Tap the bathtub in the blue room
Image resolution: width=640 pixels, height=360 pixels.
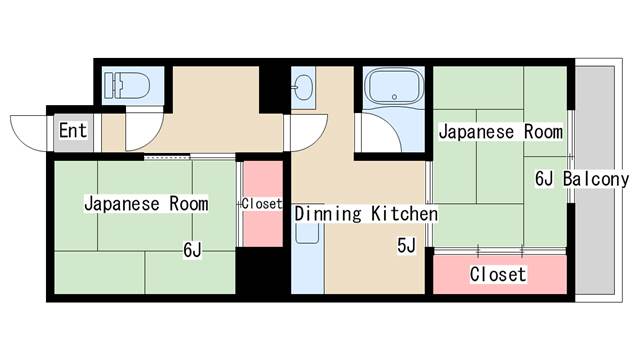click(395, 88)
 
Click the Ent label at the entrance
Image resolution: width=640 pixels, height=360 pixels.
click(72, 131)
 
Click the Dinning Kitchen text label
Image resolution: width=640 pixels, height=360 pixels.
click(366, 214)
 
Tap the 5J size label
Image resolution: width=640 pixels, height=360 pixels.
click(406, 245)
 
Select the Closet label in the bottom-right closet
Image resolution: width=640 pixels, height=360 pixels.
click(497, 274)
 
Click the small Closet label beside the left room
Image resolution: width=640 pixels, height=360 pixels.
click(262, 203)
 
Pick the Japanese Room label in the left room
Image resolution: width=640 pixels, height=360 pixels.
click(146, 204)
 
